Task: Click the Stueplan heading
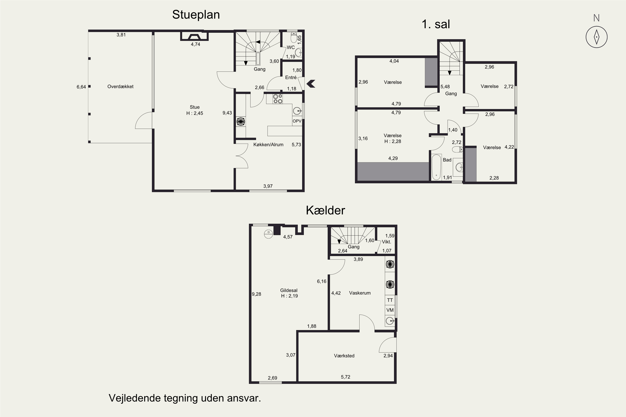coord(196,15)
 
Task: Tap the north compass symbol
coord(596,37)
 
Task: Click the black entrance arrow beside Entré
coord(311,84)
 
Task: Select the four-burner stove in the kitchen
coord(278,99)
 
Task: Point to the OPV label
coord(297,121)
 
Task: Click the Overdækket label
coord(120,87)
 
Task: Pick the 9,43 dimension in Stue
coord(227,113)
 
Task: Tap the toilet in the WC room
coord(294,38)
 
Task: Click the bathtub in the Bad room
coord(436,167)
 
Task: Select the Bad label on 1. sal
coord(447,160)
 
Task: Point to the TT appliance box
coord(390,300)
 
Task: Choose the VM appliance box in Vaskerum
coord(390,310)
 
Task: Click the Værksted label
coord(344,356)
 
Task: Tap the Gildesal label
coord(289,290)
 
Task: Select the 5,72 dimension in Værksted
coord(346,377)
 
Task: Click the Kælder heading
coord(325,210)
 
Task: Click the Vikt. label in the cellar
coord(386,242)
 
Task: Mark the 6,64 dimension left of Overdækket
coord(81,87)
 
